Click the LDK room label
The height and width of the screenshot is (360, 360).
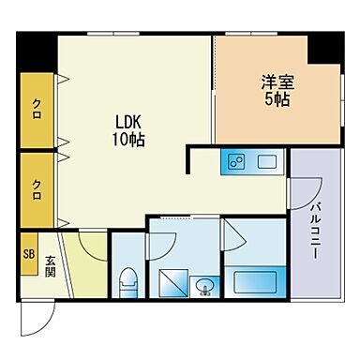coord(130,122)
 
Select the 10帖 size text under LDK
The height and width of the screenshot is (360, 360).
coord(130,141)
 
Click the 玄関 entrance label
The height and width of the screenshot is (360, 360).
coord(50,265)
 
